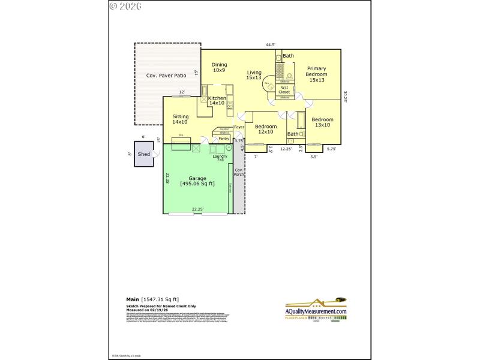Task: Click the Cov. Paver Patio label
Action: (x=166, y=76)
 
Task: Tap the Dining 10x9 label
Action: (x=219, y=67)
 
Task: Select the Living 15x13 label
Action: (x=254, y=74)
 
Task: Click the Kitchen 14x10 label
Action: (x=217, y=100)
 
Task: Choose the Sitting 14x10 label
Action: (x=181, y=119)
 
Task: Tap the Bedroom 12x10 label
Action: (x=266, y=129)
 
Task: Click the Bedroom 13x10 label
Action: (x=322, y=122)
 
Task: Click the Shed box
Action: (x=144, y=154)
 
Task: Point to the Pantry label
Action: (x=224, y=139)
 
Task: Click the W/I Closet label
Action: (x=284, y=89)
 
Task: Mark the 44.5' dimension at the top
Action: (x=271, y=44)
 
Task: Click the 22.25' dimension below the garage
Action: (x=197, y=209)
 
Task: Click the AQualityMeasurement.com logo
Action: (x=316, y=311)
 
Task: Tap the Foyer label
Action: (x=239, y=127)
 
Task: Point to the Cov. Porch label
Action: (x=239, y=172)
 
